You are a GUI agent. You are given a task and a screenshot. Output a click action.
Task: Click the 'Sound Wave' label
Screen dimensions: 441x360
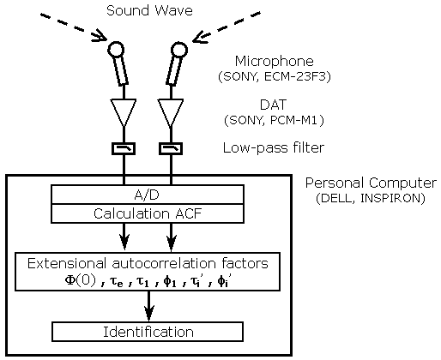149,10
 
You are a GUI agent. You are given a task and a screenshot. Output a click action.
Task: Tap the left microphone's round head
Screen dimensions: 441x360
116,50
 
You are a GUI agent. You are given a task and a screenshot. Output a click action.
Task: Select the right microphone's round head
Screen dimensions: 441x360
179,50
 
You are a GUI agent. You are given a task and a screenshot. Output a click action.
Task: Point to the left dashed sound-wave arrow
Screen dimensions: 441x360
73,27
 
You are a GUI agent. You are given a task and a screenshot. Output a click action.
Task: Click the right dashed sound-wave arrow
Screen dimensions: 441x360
227,27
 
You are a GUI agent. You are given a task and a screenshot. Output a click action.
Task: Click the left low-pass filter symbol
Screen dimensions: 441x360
124,148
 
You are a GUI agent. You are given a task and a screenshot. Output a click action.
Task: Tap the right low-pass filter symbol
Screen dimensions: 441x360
171,148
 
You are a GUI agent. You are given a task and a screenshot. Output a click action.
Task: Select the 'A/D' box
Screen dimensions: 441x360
148,195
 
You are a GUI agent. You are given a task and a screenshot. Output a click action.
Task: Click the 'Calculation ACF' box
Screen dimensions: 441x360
148,213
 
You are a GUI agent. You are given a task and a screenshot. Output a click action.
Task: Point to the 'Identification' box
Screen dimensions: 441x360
148,332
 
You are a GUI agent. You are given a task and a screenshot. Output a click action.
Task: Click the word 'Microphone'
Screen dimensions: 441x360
275,62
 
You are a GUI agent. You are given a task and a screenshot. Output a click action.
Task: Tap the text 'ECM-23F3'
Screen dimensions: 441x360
297,76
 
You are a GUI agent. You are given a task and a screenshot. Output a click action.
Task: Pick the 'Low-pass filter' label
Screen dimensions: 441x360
274,148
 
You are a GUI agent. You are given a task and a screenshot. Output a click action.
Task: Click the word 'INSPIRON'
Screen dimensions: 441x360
392,198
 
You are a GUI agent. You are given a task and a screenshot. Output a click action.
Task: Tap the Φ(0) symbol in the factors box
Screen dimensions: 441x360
81,281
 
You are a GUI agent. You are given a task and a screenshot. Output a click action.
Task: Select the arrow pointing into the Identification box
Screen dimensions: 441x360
148,306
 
